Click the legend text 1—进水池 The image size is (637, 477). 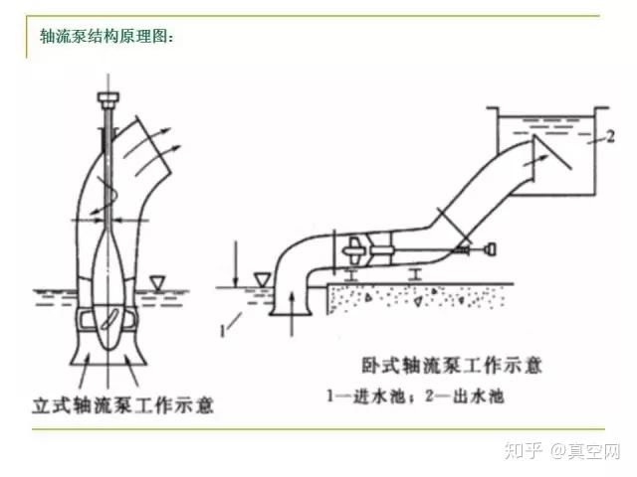pos(373,394)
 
